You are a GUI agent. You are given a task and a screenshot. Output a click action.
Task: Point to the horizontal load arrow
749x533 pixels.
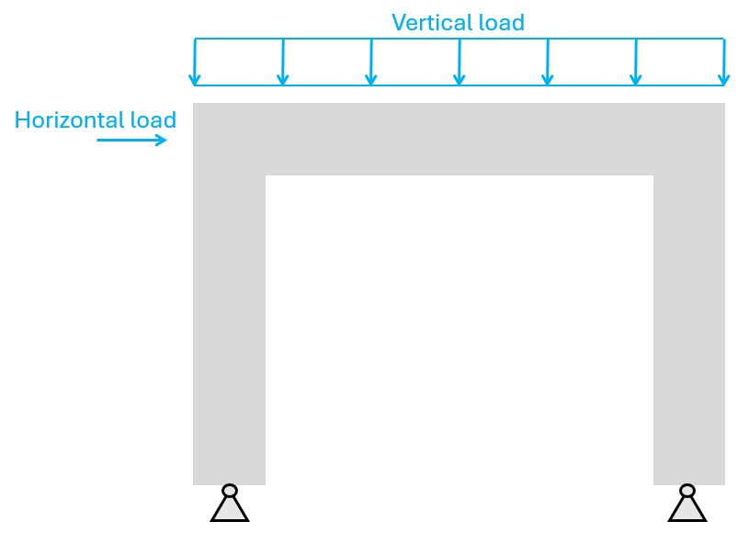pyautogui.click(x=132, y=141)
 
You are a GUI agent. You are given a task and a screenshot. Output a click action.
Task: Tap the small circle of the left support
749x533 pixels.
pyautogui.click(x=230, y=491)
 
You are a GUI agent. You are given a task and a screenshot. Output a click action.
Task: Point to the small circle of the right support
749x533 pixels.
pyautogui.click(x=687, y=491)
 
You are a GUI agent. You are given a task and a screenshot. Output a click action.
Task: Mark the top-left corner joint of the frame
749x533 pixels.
pyautogui.click(x=230, y=139)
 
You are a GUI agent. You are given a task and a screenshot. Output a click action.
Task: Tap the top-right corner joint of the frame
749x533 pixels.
pyautogui.click(x=689, y=139)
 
